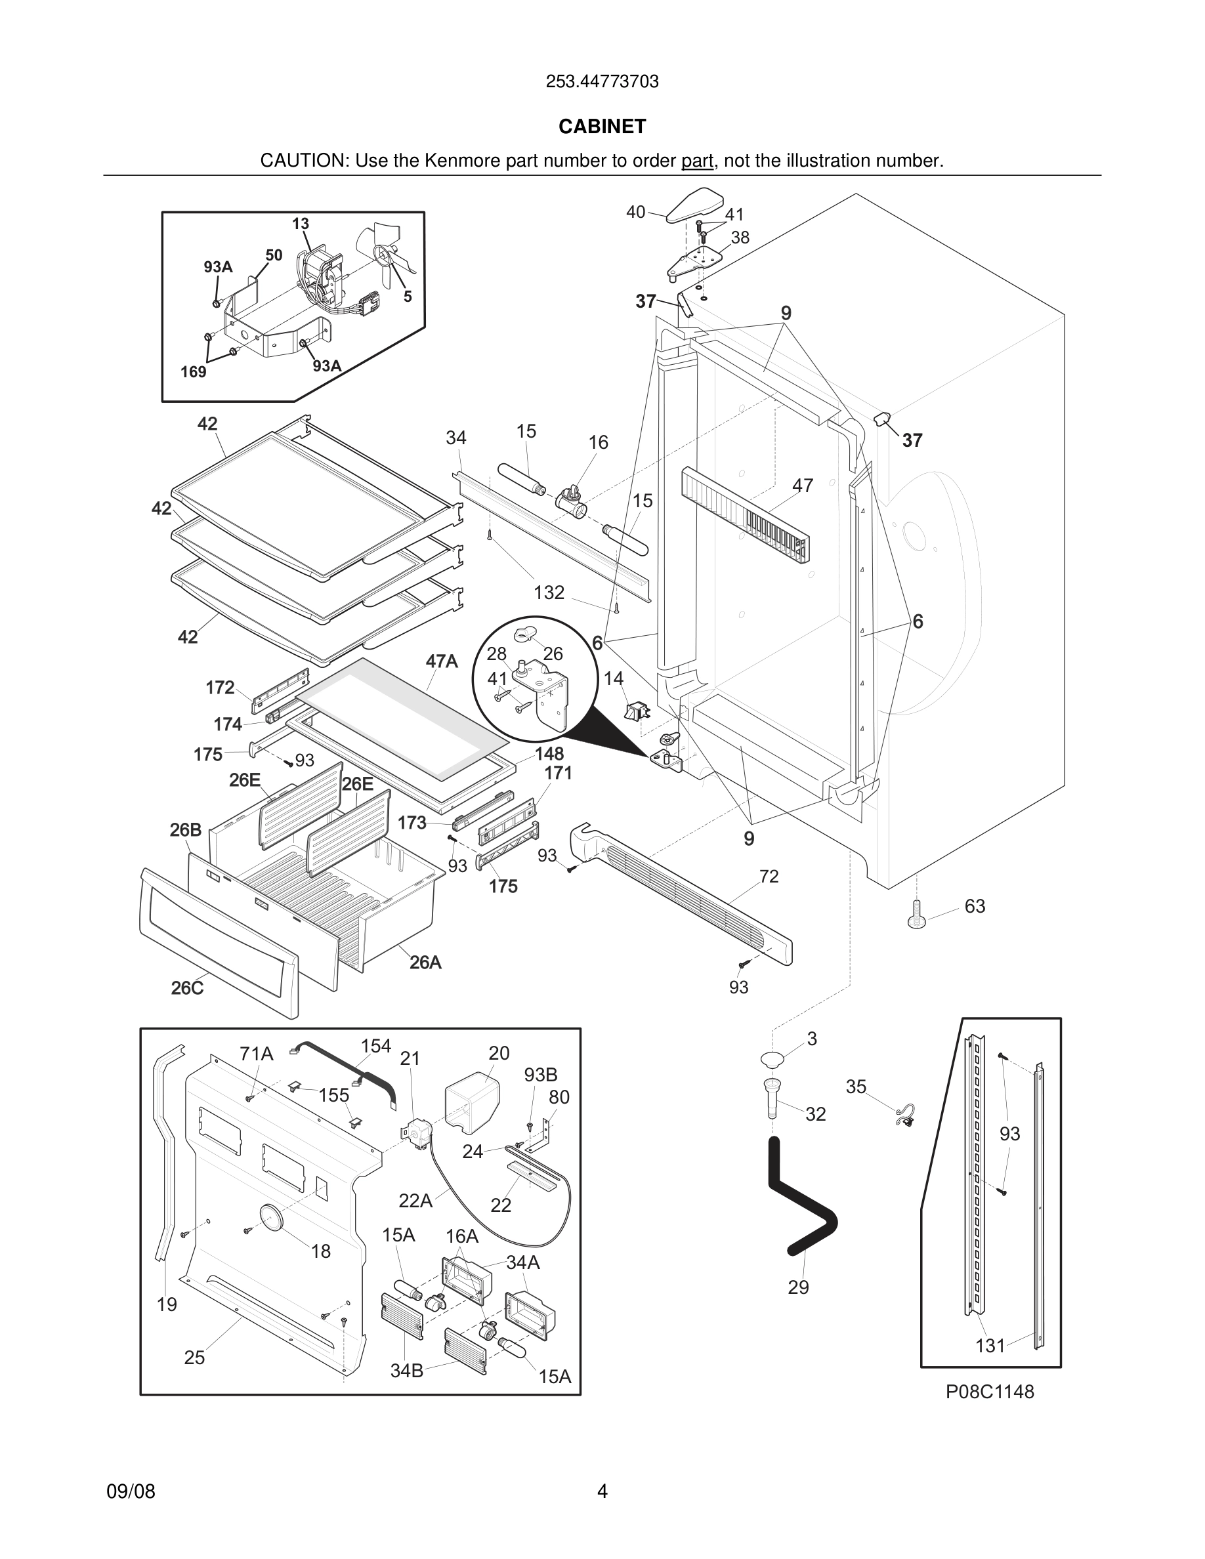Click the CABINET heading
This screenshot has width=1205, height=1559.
(602, 127)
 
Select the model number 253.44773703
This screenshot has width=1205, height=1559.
(602, 81)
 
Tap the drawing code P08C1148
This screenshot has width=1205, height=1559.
(990, 1391)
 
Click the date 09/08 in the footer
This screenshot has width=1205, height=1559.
(131, 1491)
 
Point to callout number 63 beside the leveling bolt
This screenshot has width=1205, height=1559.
(975, 906)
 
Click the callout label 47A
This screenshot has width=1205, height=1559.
(442, 661)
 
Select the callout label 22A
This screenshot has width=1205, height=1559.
(415, 1201)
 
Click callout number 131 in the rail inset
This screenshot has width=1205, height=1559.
(990, 1346)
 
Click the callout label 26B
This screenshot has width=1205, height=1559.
(186, 829)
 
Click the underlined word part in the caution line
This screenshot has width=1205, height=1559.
(698, 161)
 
